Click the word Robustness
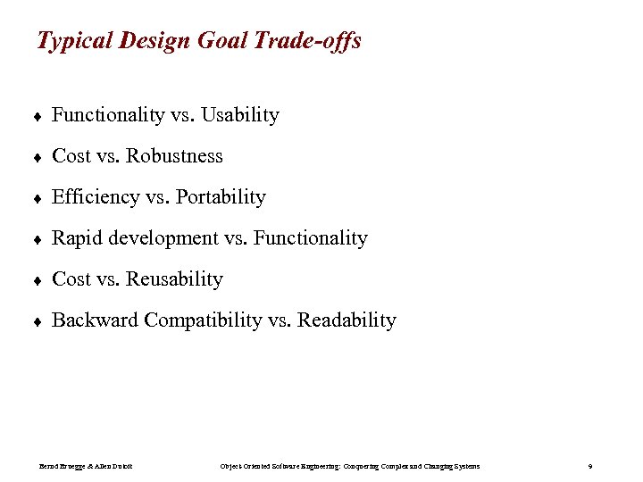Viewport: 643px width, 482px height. tap(174, 156)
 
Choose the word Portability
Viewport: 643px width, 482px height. tap(221, 197)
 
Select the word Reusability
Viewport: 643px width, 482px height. tap(174, 279)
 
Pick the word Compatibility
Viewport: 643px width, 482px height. tap(203, 320)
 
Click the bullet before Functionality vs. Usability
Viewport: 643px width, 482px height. tap(39, 116)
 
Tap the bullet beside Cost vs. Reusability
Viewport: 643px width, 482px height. tap(39, 280)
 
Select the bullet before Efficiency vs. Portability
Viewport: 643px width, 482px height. tap(39, 198)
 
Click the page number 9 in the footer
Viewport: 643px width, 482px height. tap(590, 467)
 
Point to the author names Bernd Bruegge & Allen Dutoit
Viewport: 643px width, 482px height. tap(86, 467)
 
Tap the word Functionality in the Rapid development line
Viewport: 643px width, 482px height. tap(310, 238)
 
